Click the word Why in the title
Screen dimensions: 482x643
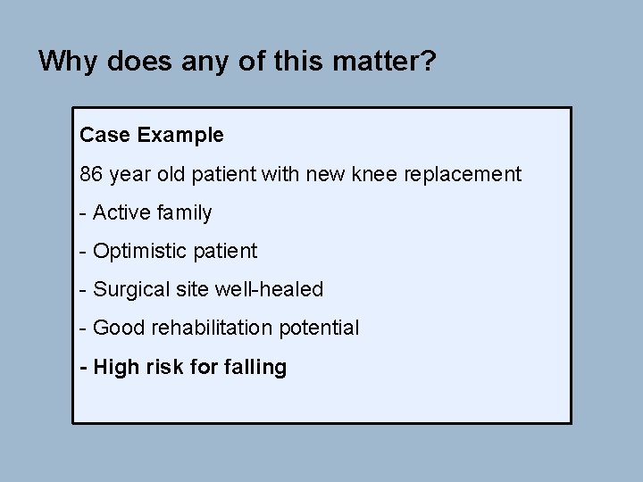pos(63,61)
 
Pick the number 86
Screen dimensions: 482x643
pos(91,174)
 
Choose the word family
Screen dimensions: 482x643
pos(183,212)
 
